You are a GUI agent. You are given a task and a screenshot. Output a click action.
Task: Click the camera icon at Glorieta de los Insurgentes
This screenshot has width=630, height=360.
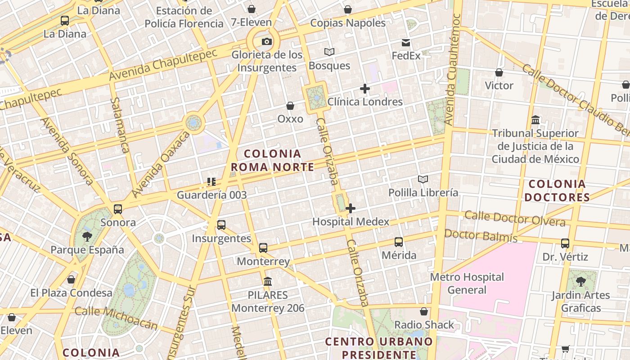click(x=267, y=42)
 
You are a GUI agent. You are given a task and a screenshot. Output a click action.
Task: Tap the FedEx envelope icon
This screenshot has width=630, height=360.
click(x=406, y=43)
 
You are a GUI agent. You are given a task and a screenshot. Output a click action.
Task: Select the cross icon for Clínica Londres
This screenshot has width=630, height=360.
click(x=365, y=89)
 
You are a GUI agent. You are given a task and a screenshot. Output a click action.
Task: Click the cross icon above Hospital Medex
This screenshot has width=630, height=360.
click(x=351, y=208)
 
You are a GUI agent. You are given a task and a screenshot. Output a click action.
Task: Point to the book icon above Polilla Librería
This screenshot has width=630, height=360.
click(x=423, y=180)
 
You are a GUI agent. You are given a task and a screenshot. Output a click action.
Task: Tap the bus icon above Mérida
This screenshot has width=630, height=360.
click(x=399, y=242)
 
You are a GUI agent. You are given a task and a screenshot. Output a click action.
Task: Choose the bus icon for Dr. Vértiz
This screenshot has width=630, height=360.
click(x=565, y=243)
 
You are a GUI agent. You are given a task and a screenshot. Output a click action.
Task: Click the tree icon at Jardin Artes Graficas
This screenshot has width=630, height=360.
click(x=581, y=282)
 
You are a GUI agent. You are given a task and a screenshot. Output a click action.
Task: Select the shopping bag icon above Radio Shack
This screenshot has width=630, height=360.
click(x=424, y=311)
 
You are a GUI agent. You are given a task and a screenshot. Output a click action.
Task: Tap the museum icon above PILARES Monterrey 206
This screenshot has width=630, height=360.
click(x=268, y=282)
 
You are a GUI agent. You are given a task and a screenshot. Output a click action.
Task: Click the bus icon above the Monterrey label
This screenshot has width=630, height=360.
click(x=263, y=248)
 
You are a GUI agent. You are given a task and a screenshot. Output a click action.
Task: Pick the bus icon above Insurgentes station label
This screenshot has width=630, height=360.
click(x=221, y=225)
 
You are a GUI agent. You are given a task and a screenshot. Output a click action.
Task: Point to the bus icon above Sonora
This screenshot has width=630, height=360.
click(x=118, y=209)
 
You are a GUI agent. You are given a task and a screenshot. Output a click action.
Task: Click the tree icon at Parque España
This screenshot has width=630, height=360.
click(x=87, y=236)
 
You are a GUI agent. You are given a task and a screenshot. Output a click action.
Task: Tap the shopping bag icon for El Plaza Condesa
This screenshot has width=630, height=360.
click(x=71, y=279)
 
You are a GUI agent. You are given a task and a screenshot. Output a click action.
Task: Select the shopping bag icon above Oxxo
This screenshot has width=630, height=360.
click(x=290, y=106)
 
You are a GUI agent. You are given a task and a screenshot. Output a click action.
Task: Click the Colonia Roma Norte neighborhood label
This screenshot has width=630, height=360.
click(x=272, y=161)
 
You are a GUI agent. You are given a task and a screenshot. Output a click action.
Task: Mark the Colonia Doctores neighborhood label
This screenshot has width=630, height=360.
click(x=557, y=190)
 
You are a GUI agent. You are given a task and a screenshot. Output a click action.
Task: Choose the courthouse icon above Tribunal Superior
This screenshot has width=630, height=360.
click(x=535, y=120)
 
